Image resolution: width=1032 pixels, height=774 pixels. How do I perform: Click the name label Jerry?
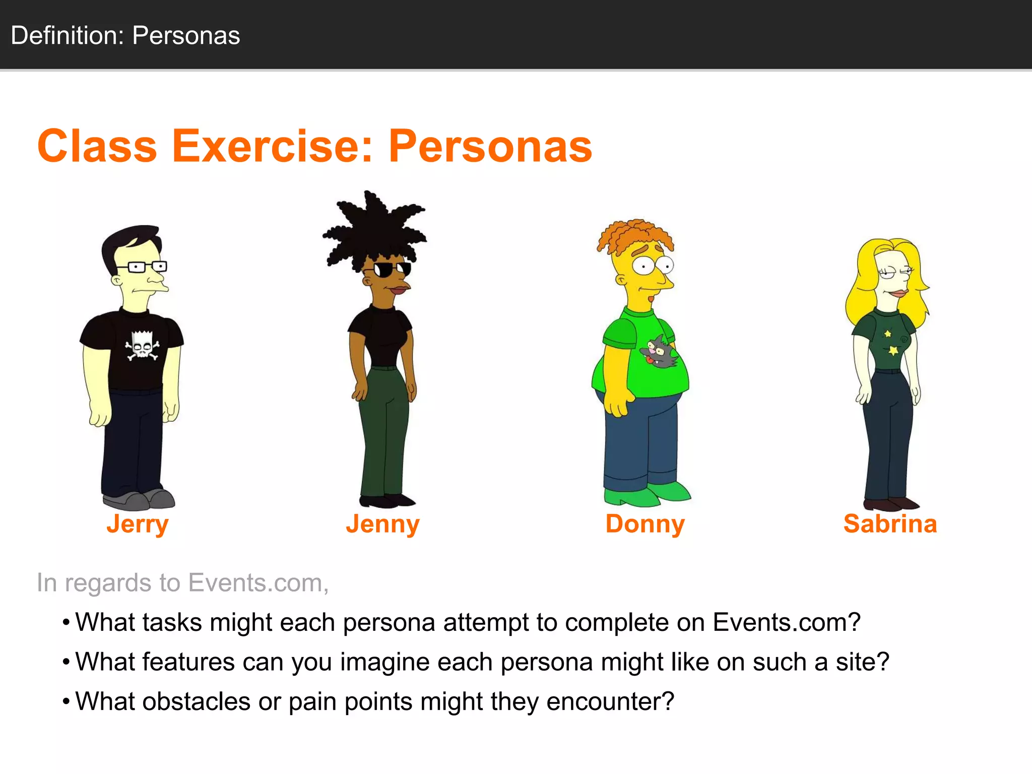[137, 524]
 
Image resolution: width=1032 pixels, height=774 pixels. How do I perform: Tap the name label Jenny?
[382, 524]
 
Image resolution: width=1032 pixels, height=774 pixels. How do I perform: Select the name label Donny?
[645, 524]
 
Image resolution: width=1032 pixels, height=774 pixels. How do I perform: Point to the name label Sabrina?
[890, 524]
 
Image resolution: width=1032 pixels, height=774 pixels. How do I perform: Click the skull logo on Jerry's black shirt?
[142, 346]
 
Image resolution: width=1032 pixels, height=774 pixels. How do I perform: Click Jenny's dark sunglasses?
[392, 270]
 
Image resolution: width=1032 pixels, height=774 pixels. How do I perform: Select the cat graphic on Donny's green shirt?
[659, 351]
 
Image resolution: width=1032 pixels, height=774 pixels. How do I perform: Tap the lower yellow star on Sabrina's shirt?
[893, 350]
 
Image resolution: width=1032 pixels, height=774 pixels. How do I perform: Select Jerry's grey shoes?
[139, 499]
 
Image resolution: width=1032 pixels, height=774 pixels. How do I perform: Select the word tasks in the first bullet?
[172, 622]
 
